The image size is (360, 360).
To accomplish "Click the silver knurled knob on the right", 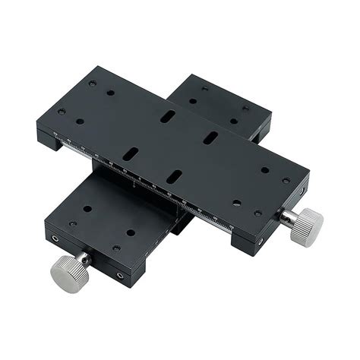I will coord(307,226).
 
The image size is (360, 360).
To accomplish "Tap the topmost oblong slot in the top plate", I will coord(168,116).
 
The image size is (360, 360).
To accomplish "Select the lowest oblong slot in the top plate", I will coord(174,176).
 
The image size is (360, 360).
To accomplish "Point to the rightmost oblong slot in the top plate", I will coord(211,137).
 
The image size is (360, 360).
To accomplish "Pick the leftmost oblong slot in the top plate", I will coord(131,153).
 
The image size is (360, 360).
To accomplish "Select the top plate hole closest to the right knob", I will coord(286,181).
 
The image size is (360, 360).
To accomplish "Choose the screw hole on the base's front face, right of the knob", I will coord(119,276).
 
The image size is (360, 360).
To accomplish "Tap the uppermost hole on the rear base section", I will coord(204,88).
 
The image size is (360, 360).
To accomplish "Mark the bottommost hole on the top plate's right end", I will coord(257,213).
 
